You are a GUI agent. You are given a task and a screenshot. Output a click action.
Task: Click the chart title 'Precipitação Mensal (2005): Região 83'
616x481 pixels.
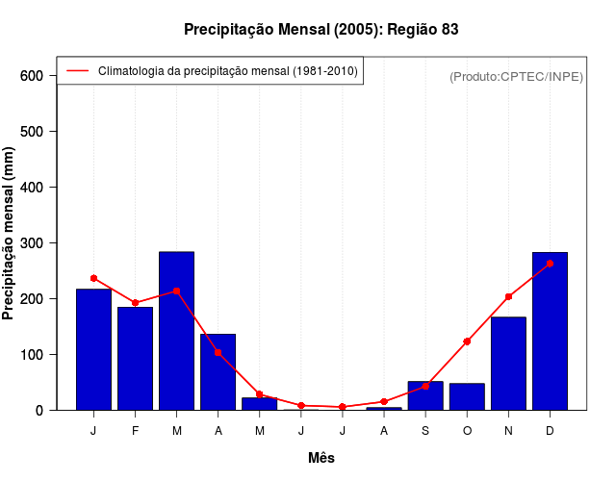(x=321, y=30)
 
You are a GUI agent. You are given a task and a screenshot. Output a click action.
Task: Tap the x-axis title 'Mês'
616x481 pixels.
(x=321, y=458)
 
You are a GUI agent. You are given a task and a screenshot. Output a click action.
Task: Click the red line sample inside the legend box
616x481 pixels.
(x=77, y=70)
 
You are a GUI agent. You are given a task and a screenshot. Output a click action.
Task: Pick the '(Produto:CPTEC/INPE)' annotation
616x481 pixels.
(x=516, y=76)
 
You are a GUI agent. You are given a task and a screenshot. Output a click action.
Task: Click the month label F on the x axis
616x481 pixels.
(x=136, y=431)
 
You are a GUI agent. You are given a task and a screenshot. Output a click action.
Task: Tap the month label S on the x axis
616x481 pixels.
(x=425, y=431)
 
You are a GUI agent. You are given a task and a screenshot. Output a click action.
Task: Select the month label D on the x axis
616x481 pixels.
(x=550, y=431)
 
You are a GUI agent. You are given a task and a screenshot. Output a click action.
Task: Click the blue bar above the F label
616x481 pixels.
(x=136, y=358)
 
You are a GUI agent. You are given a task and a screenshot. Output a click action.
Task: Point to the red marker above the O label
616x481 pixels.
(x=467, y=342)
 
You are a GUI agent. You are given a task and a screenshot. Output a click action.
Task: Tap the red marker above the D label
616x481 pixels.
(x=550, y=263)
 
